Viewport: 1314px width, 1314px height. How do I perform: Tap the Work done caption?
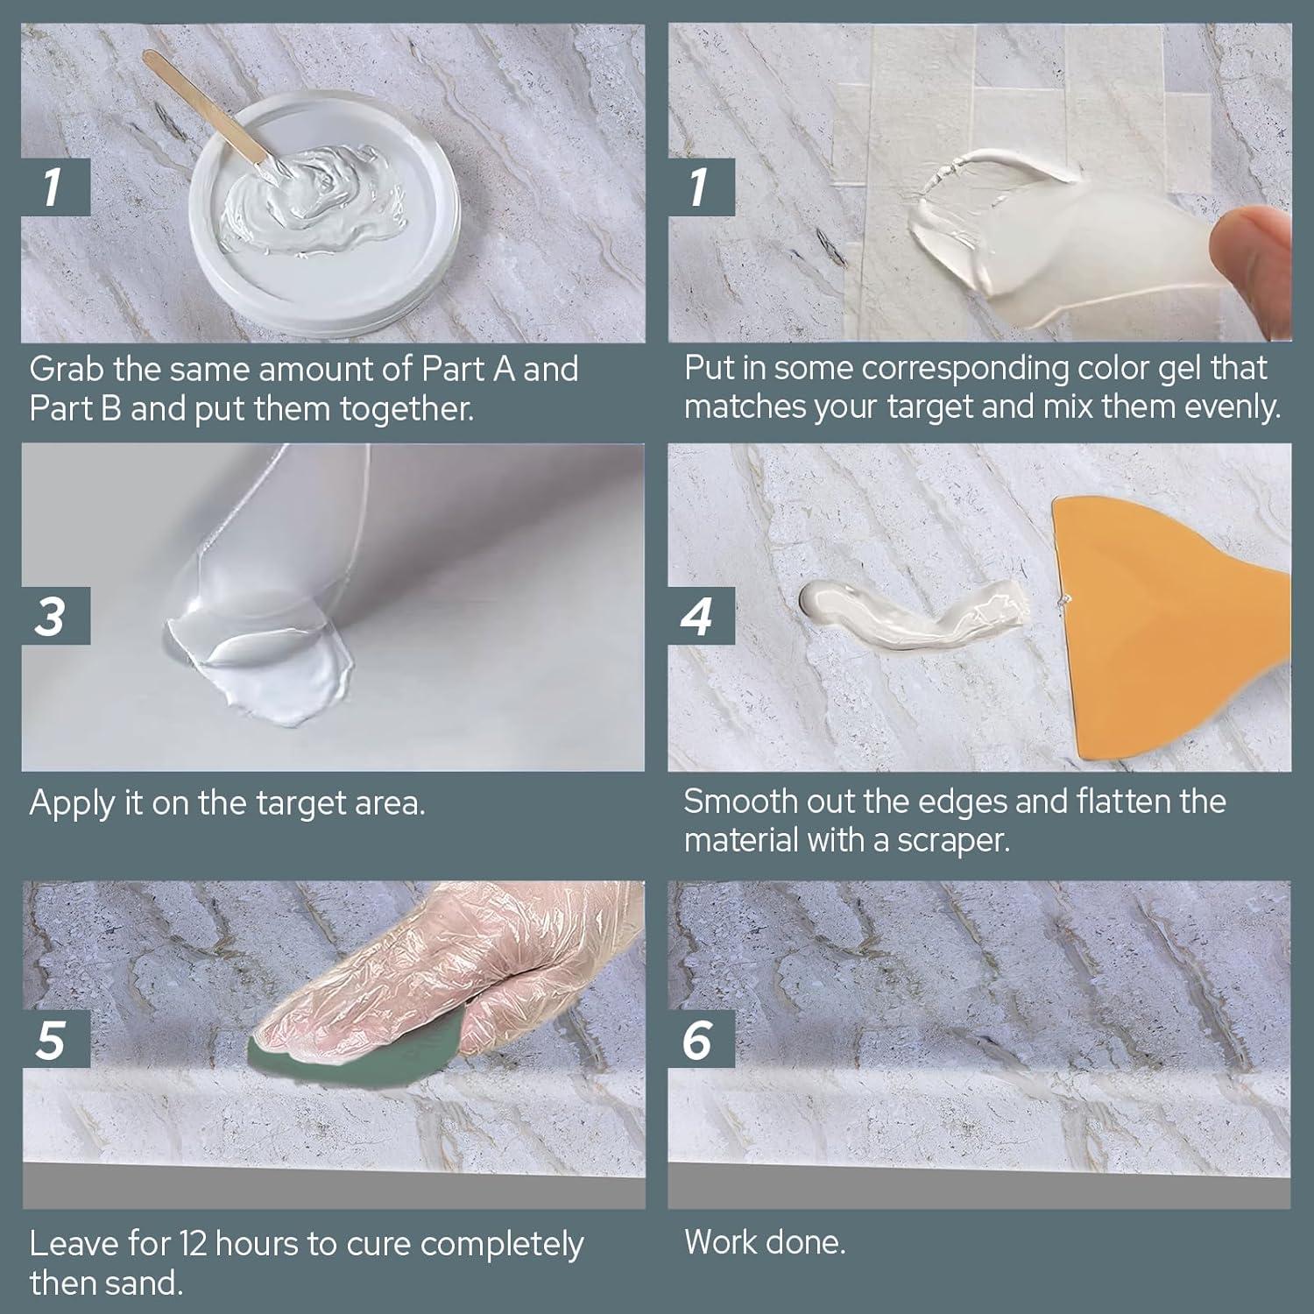tap(764, 1242)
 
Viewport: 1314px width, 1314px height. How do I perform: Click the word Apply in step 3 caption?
tap(72, 803)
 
